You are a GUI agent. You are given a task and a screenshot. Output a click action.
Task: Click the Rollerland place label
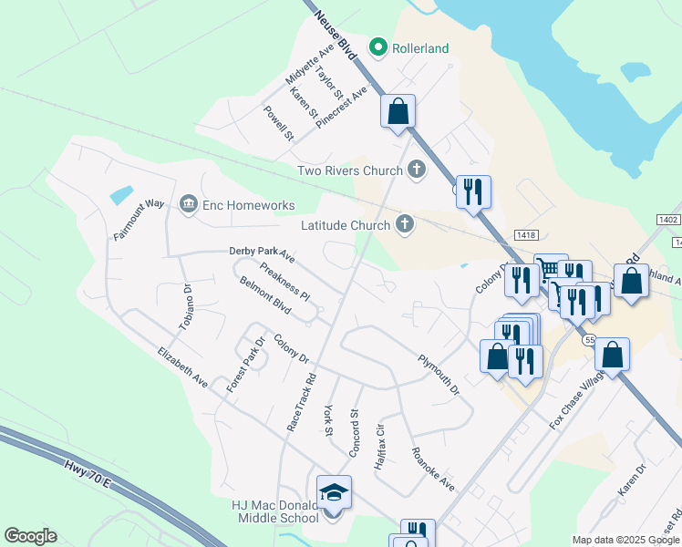click(x=420, y=47)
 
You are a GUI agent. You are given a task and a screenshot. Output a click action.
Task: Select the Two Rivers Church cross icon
click(x=417, y=170)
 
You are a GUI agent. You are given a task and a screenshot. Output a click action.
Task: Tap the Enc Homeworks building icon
click(x=189, y=202)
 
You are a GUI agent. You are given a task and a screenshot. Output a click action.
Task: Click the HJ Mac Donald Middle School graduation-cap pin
click(x=334, y=492)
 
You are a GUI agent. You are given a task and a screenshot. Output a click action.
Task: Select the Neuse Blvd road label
click(x=334, y=35)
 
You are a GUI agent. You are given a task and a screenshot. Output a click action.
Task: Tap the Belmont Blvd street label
click(x=265, y=296)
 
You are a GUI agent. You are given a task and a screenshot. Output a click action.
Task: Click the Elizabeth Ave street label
click(x=182, y=368)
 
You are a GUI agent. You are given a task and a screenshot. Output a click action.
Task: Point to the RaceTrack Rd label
click(x=301, y=400)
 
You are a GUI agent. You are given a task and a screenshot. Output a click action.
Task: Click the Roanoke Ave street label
click(x=432, y=469)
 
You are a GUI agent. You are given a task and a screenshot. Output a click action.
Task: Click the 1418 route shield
click(x=526, y=235)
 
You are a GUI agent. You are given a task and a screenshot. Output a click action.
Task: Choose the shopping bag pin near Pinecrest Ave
click(x=398, y=112)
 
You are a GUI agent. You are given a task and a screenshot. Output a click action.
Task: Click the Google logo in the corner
click(x=30, y=536)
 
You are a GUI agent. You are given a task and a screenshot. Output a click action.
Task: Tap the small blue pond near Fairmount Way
click(x=120, y=194)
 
